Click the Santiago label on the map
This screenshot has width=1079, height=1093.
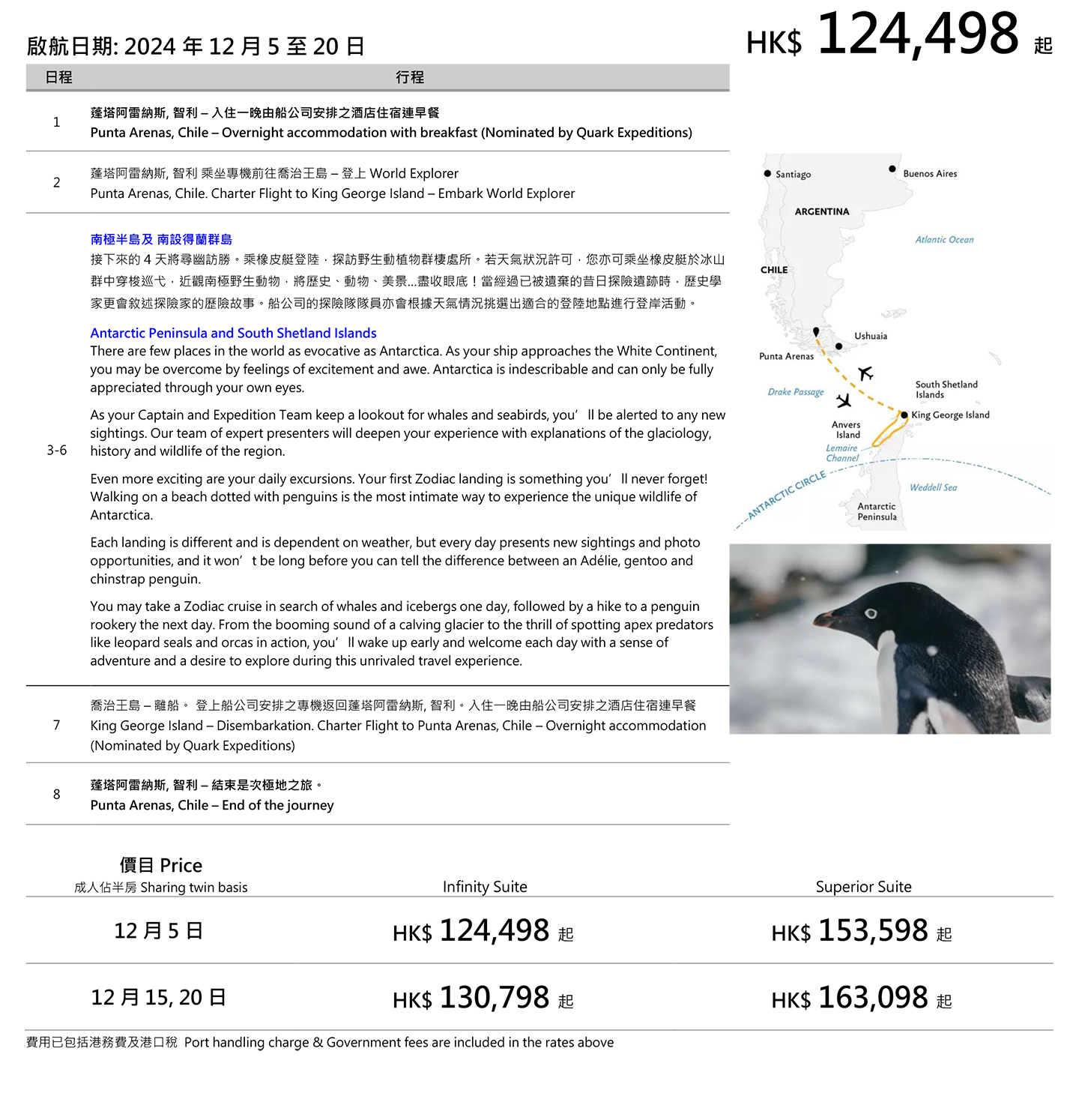click(793, 175)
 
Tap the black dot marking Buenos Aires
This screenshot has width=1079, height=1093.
click(892, 169)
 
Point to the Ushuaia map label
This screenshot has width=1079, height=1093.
click(871, 336)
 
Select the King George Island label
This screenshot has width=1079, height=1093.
click(950, 415)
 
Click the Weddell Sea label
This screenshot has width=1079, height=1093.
click(933, 487)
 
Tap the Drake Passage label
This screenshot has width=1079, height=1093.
click(795, 391)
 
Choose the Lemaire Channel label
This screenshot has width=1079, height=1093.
click(842, 453)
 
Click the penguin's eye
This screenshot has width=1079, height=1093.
click(871, 613)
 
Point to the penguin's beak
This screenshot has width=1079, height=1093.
click(828, 618)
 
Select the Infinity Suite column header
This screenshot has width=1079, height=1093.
click(485, 887)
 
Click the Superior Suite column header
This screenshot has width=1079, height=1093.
click(863, 887)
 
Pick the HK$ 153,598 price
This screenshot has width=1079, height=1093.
click(862, 931)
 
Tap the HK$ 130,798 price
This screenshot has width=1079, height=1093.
click(483, 998)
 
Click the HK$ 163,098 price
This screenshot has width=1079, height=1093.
click(862, 998)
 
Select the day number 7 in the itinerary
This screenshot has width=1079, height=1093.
click(56, 725)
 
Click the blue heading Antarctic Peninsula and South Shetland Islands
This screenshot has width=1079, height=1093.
click(233, 333)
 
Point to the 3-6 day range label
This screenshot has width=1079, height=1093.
click(56, 450)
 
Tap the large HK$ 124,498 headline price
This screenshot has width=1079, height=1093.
click(899, 35)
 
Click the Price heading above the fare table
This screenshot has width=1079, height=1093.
click(160, 865)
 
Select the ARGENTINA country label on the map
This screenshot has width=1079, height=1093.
click(822, 211)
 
